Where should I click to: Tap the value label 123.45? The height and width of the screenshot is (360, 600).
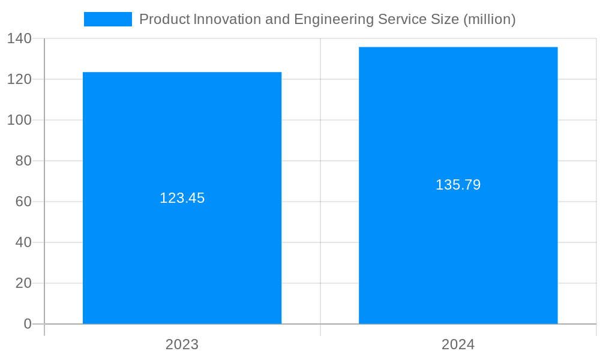point(182,198)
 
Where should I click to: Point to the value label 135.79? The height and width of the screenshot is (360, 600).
point(458,185)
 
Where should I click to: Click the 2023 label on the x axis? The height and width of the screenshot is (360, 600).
point(182,344)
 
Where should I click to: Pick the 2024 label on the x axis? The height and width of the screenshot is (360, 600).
point(458,344)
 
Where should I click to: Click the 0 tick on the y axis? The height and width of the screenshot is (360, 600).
point(28,324)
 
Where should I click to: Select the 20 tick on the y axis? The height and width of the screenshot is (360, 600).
point(23,283)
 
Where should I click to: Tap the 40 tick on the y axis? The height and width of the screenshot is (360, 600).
point(23,242)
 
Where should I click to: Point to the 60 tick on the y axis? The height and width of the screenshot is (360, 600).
point(23,202)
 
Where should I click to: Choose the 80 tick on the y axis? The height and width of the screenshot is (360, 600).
point(23,161)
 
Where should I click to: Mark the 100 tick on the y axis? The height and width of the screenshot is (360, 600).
point(19,120)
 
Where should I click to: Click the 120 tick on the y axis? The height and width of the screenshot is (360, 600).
point(19,79)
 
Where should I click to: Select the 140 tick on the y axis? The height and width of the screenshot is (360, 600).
point(19,38)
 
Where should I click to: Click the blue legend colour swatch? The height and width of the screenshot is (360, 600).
point(108,19)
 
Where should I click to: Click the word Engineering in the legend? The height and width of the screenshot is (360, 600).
point(333,19)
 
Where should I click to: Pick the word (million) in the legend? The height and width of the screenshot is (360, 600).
point(489,19)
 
